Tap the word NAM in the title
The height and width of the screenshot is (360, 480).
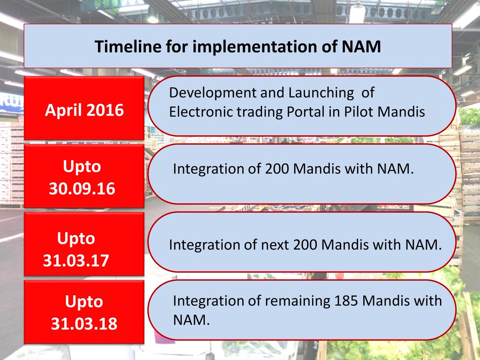click(x=361, y=46)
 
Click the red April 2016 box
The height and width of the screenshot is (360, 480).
click(x=84, y=108)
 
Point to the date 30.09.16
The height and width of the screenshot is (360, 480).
click(x=82, y=189)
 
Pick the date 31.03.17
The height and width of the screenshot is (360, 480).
click(x=76, y=260)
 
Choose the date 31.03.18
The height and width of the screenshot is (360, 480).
click(x=84, y=324)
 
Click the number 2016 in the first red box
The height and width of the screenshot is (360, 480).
click(x=105, y=110)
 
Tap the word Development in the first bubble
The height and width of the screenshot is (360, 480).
click(x=212, y=93)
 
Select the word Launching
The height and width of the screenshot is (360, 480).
click(x=321, y=93)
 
